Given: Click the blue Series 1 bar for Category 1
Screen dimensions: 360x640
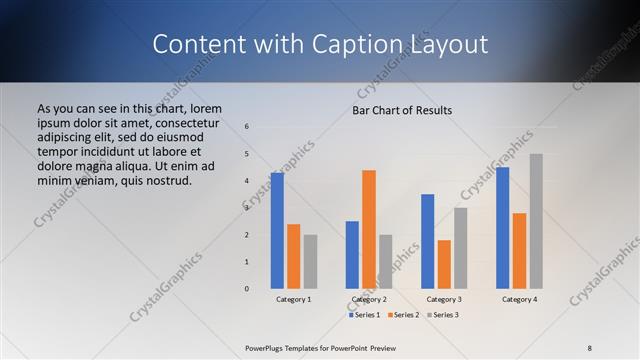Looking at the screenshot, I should [x=277, y=231].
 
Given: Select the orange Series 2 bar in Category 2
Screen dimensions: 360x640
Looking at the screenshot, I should [x=369, y=229].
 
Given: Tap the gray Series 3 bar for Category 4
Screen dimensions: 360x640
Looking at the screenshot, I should [x=536, y=221].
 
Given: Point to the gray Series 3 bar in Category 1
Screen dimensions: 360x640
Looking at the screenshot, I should [x=310, y=262].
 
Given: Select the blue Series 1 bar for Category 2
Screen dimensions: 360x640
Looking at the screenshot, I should [x=352, y=255].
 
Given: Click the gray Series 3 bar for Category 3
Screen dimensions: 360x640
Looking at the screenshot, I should [x=460, y=248].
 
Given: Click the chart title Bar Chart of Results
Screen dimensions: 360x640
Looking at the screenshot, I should [x=402, y=110].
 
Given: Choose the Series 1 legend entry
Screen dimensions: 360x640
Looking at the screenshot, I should [x=365, y=315].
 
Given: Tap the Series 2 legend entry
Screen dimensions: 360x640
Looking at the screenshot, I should [x=403, y=315].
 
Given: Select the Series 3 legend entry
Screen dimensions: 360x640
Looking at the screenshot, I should [x=442, y=315].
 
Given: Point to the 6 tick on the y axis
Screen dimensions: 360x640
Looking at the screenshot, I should [x=247, y=127].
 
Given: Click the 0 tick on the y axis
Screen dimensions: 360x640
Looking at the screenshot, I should [x=247, y=289].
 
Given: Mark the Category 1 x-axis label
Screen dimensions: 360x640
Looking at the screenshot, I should [x=293, y=299].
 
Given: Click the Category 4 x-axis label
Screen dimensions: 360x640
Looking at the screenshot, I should [x=519, y=299].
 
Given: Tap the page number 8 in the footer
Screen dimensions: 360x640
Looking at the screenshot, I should [x=590, y=347].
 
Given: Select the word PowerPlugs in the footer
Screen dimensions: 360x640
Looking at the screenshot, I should [x=268, y=347].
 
